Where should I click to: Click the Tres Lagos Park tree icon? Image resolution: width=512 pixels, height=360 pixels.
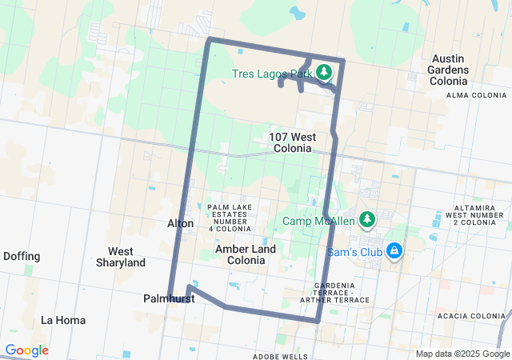pyautogui.click(x=324, y=73)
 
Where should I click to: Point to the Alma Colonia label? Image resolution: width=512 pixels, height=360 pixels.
pyautogui.click(x=476, y=94)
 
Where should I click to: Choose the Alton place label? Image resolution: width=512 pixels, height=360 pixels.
pyautogui.click(x=181, y=223)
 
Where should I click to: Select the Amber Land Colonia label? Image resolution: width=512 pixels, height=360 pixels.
pyautogui.click(x=246, y=254)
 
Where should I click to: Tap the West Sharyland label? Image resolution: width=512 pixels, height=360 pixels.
pyautogui.click(x=121, y=257)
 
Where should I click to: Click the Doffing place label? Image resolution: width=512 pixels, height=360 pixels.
pyautogui.click(x=22, y=256)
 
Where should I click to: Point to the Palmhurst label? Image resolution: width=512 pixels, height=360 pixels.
pyautogui.click(x=170, y=298)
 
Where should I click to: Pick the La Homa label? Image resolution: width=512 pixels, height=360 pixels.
pyautogui.click(x=63, y=320)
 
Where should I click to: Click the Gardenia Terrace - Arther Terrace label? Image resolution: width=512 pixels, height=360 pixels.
pyautogui.click(x=342, y=293)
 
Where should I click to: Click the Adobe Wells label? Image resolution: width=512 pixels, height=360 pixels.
pyautogui.click(x=280, y=356)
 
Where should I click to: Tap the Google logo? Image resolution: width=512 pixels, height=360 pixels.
pyautogui.click(x=26, y=350)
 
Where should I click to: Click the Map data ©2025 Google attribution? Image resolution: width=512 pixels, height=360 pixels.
pyautogui.click(x=462, y=354)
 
